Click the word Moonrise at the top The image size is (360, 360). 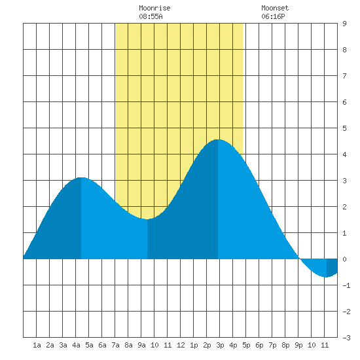(154, 8)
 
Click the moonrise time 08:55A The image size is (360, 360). (151, 16)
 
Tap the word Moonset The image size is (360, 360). (275, 8)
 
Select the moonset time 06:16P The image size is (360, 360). (273, 16)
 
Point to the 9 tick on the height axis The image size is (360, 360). (344, 24)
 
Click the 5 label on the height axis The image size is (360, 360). (344, 128)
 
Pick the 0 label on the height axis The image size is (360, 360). (344, 259)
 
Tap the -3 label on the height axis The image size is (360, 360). (346, 338)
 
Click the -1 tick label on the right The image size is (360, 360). (346, 285)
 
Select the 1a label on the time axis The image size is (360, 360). (37, 345)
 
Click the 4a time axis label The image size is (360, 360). (76, 345)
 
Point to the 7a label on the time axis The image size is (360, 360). (115, 345)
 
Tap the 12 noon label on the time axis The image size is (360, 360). (181, 345)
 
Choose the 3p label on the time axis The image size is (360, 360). (220, 345)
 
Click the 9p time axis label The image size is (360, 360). (298, 345)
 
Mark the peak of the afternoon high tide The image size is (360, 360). (218, 139)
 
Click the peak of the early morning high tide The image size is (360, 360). (81, 177)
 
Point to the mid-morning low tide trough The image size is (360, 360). (147, 219)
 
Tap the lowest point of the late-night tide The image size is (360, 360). (326, 277)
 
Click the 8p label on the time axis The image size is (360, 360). (285, 345)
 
